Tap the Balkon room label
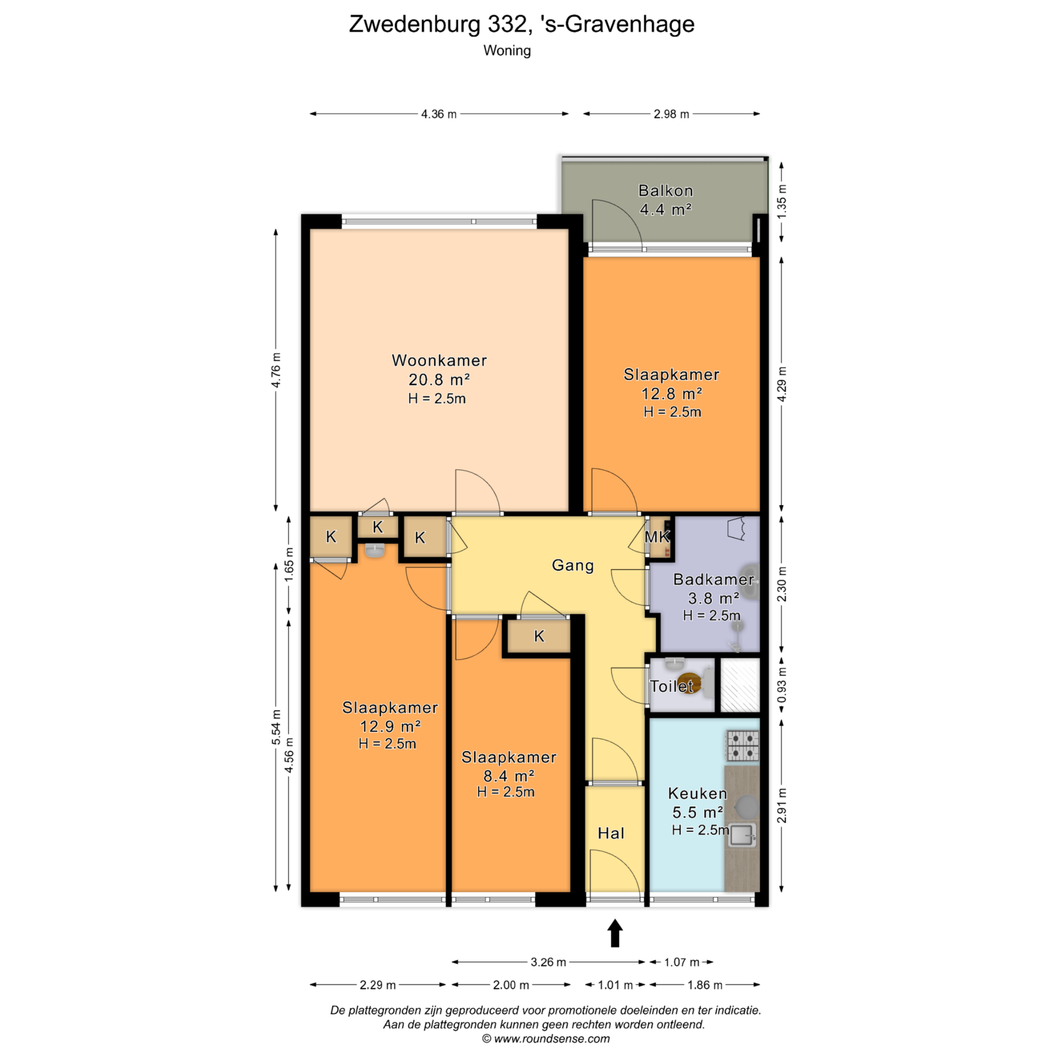point(666,190)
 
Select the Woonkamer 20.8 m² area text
point(439,379)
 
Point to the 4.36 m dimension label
point(439,114)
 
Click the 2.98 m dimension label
point(671,114)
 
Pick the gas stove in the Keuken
point(743,746)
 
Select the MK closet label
point(657,537)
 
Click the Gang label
point(573,566)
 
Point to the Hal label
point(611,833)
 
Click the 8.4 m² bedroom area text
point(509,776)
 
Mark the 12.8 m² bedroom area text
point(672,394)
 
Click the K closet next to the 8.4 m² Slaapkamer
point(538,636)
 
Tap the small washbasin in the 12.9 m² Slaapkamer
point(375,550)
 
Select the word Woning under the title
point(507,51)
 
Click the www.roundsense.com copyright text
point(546,1039)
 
